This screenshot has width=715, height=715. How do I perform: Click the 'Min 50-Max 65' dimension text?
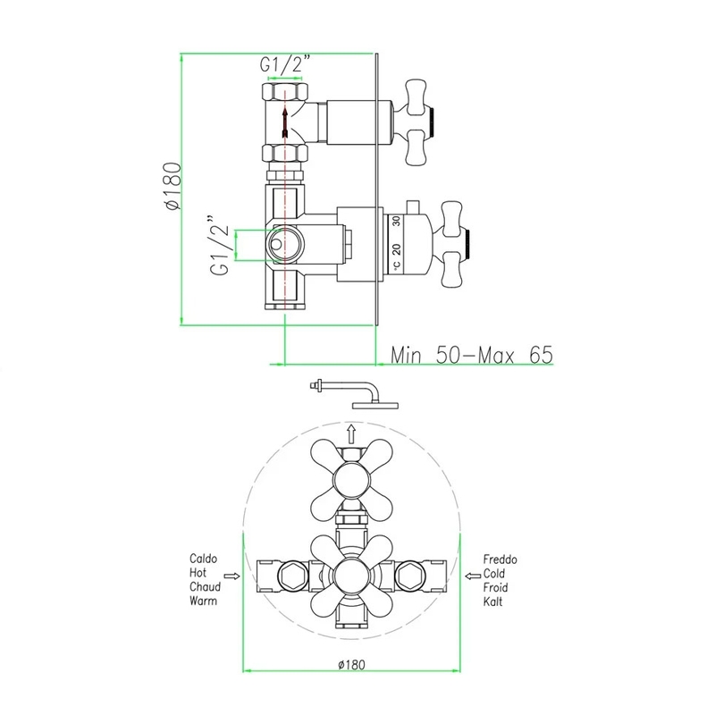pyautogui.click(x=472, y=355)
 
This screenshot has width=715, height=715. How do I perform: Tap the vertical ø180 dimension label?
pyautogui.click(x=173, y=186)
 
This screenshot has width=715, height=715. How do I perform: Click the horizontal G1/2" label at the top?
pyautogui.click(x=285, y=63)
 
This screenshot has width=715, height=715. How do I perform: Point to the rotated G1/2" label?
pyautogui.click(x=219, y=245)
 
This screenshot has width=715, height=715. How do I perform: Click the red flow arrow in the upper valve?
pyautogui.click(x=284, y=122)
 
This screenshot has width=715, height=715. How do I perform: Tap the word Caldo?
pyautogui.click(x=204, y=559)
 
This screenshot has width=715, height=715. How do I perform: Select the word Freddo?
pyautogui.click(x=500, y=559)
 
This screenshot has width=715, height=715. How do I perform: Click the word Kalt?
pyautogui.click(x=493, y=601)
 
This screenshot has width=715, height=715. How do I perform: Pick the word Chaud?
pyautogui.click(x=206, y=587)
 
